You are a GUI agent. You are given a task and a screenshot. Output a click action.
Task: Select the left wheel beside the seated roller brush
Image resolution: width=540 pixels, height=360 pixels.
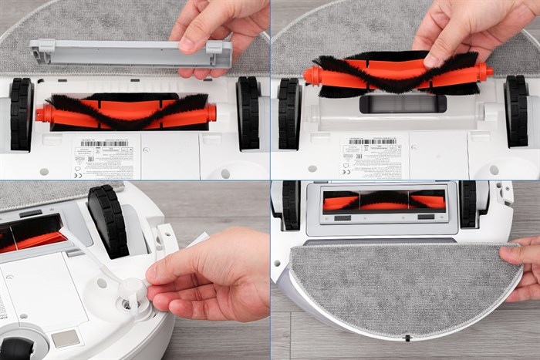point(21,113)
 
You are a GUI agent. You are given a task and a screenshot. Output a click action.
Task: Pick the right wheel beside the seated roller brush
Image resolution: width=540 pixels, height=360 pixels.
point(248,113)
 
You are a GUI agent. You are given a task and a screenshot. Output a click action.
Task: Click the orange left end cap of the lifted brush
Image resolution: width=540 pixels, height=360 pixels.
point(312,75)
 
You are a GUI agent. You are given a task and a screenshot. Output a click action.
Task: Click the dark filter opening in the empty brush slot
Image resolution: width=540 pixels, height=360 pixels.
point(402,103)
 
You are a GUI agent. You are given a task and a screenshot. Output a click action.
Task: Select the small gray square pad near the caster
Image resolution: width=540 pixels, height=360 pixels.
point(66,337)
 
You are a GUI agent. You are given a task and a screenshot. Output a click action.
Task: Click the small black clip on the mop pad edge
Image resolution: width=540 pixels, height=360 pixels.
point(406,338)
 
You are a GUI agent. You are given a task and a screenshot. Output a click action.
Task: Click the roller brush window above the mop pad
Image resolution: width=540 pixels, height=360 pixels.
point(384,202)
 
